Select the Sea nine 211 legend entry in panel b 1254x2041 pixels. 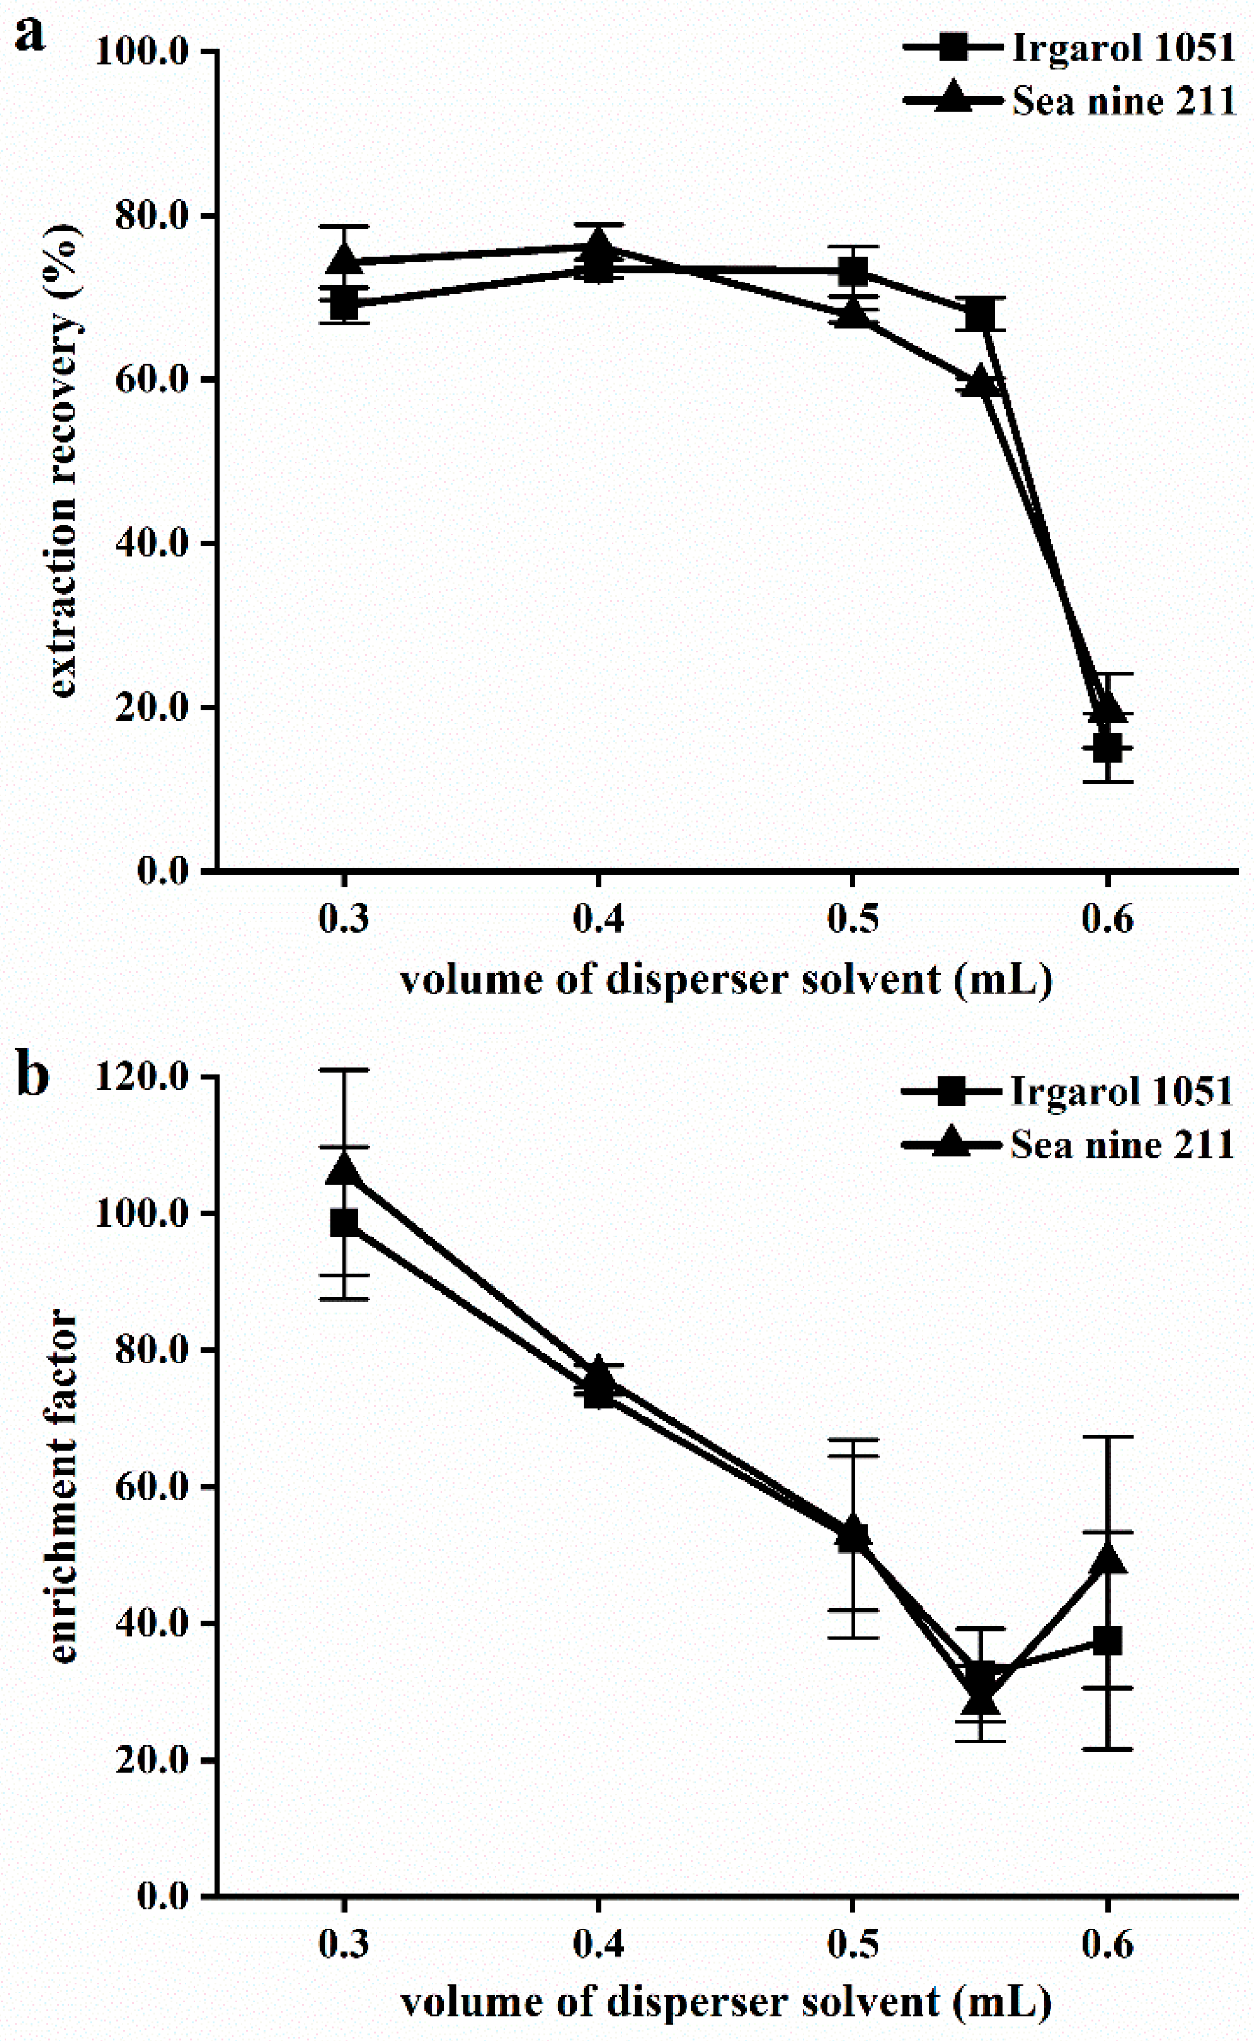point(1122,1145)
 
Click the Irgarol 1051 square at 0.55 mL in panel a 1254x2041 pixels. point(980,314)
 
